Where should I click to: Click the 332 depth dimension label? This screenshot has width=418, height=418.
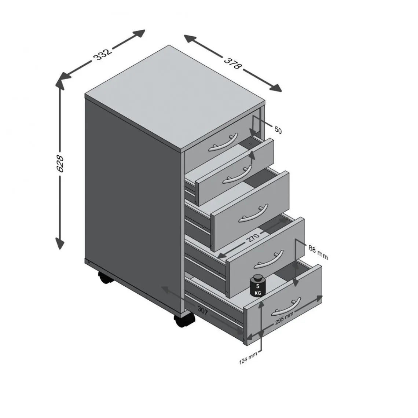point(102,54)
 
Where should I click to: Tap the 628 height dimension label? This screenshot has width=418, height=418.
point(60,164)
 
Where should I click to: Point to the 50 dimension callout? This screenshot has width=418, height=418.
point(278,130)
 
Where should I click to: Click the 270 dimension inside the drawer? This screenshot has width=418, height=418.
point(253,237)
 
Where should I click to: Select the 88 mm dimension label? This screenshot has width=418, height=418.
point(318,252)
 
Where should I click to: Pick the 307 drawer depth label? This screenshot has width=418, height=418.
point(203,311)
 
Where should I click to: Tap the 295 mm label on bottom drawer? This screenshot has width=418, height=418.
point(284,318)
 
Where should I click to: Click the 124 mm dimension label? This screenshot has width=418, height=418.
point(248,358)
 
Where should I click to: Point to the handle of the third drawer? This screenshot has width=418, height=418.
point(253,213)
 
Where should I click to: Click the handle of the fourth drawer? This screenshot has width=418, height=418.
point(269,259)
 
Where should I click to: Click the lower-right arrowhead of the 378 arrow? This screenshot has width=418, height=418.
point(276,87)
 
